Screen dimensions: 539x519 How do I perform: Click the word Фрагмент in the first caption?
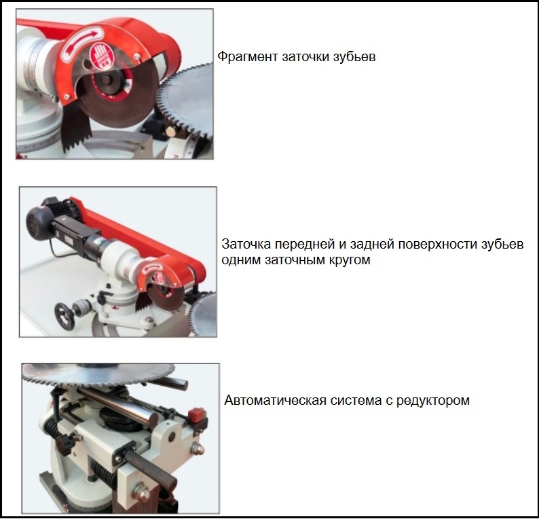pyautogui.click(x=248, y=57)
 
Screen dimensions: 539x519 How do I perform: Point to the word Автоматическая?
pyautogui.click(x=275, y=401)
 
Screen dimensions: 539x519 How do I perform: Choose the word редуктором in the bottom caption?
pyautogui.click(x=433, y=401)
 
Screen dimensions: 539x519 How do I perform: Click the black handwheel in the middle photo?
pyautogui.click(x=64, y=317)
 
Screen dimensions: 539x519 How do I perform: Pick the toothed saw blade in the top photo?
pyautogui.click(x=188, y=101)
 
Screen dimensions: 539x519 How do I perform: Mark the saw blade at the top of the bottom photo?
pyautogui.click(x=104, y=376)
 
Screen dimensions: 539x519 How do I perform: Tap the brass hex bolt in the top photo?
pyautogui.click(x=170, y=132)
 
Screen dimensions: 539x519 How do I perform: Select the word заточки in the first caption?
pyautogui.click(x=305, y=57)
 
